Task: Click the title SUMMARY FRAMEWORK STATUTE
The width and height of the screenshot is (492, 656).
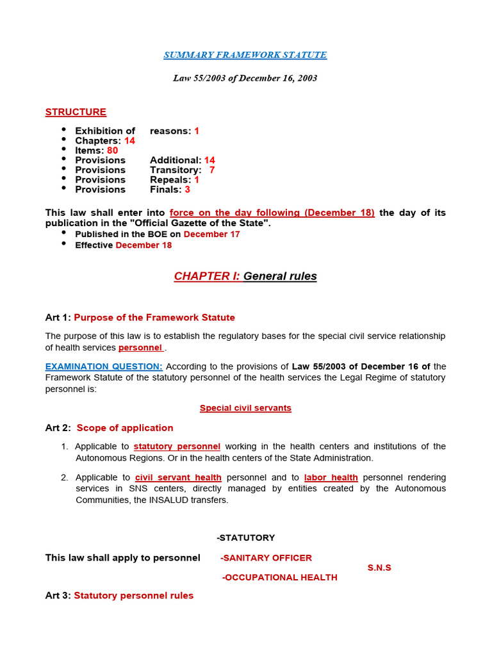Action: tap(245, 55)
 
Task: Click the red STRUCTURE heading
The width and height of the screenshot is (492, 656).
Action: tap(76, 112)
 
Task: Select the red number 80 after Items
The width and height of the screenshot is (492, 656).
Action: tap(113, 151)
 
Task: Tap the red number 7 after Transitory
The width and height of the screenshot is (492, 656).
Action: tap(212, 170)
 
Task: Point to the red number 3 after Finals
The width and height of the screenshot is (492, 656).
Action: tap(187, 190)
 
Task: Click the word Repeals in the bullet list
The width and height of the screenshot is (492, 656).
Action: tap(170, 180)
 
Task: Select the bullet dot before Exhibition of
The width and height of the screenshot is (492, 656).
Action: tap(64, 130)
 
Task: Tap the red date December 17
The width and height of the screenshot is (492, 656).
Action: tap(211, 234)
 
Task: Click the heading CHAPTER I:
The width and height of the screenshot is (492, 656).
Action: tap(207, 276)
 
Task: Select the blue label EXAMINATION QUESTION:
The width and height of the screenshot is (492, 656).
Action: tap(104, 366)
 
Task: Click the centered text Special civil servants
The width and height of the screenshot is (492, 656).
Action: tap(245, 408)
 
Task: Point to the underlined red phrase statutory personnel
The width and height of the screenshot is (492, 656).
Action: tap(177, 447)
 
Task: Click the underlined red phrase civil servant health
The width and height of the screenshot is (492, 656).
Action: tap(178, 477)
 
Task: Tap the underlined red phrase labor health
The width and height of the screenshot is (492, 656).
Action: tap(331, 477)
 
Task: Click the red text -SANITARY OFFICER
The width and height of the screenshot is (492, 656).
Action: tap(266, 558)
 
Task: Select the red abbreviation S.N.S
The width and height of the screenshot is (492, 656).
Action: tap(379, 568)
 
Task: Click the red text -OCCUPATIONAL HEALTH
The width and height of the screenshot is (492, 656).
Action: tap(279, 577)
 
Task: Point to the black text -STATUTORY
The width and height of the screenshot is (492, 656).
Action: tap(245, 537)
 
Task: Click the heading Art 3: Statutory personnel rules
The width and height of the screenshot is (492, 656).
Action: tap(119, 596)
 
